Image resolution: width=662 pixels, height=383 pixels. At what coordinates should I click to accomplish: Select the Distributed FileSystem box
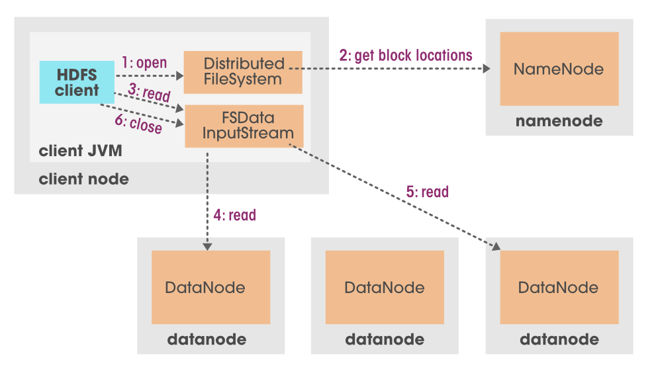pyautogui.click(x=242, y=72)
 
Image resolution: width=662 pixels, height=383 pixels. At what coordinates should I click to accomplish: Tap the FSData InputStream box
pyautogui.click(x=244, y=126)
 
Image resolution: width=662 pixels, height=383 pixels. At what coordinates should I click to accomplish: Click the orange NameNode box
pyautogui.click(x=559, y=69)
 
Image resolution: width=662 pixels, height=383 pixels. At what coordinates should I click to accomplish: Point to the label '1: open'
pyautogui.click(x=144, y=63)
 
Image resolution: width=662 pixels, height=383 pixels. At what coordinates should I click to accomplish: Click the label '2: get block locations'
pyautogui.click(x=406, y=55)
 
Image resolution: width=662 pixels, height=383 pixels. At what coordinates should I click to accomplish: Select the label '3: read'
pyautogui.click(x=148, y=93)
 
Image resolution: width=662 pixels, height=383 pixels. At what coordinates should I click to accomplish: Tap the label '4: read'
pyautogui.click(x=234, y=215)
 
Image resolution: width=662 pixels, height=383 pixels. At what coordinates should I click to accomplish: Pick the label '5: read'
pyautogui.click(x=427, y=192)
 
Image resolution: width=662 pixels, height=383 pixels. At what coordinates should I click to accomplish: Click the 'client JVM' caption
pyautogui.click(x=80, y=151)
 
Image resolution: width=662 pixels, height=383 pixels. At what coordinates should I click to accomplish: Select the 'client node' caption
pyautogui.click(x=83, y=179)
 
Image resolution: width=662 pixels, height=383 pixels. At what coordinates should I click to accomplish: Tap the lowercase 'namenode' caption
pyautogui.click(x=559, y=122)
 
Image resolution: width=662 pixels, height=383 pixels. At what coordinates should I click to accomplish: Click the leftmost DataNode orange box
pyautogui.click(x=211, y=287)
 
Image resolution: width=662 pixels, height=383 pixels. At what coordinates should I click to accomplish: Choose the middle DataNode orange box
pyautogui.click(x=384, y=287)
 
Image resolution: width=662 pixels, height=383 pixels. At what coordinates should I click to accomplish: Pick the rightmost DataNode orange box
pyautogui.click(x=559, y=287)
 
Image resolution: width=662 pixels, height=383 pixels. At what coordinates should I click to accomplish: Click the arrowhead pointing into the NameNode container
pyautogui.click(x=487, y=69)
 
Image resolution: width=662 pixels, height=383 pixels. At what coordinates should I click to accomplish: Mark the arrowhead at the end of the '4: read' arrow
pyautogui.click(x=207, y=245)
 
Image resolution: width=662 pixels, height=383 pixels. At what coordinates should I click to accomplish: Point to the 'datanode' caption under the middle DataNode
pyautogui.click(x=384, y=340)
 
